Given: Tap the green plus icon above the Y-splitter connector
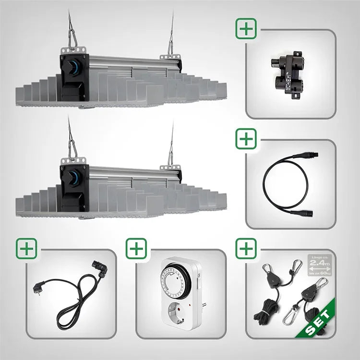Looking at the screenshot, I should tap(246, 29).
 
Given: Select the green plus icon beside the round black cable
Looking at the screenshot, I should tap(246, 139).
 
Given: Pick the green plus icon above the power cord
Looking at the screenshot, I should tap(26, 249).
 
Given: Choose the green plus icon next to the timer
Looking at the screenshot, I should tap(136, 249).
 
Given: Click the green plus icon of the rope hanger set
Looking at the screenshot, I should tap(246, 249).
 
